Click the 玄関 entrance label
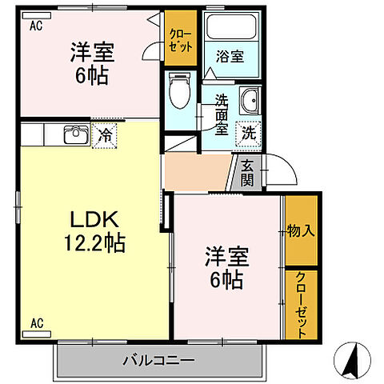click(x=246, y=172)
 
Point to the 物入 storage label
click(x=301, y=231)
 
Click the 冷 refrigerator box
click(x=103, y=135)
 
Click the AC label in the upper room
click(x=35, y=26)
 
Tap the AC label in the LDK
click(x=37, y=323)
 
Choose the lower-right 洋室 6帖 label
click(x=228, y=269)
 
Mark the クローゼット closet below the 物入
click(x=301, y=306)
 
